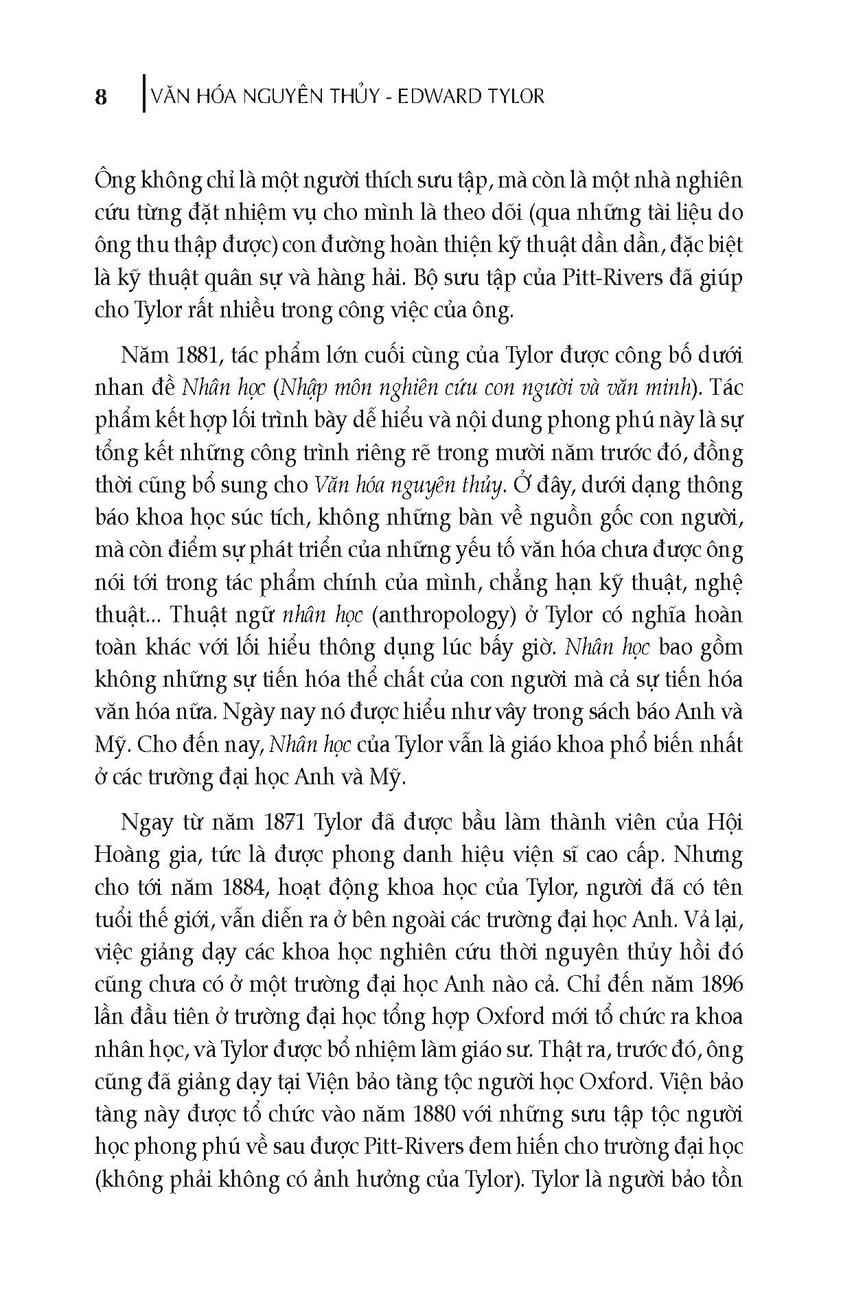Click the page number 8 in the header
101,97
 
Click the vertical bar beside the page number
143,92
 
